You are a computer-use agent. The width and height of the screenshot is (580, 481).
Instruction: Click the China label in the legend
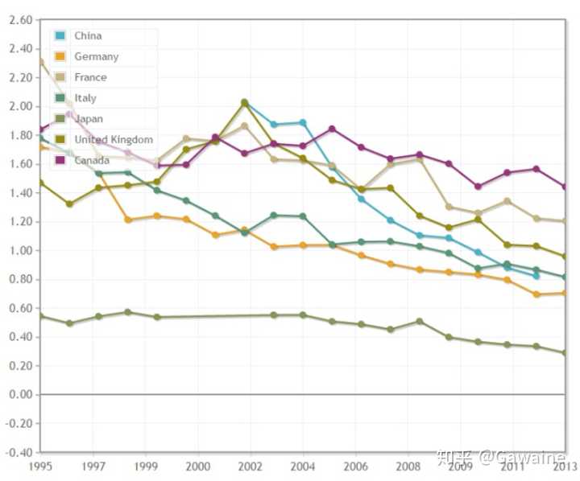(88, 36)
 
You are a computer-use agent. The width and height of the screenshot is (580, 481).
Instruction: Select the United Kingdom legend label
(114, 140)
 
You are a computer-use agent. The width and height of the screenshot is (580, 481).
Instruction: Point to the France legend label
(90, 78)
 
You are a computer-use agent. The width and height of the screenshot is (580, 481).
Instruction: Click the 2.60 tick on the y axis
(19, 20)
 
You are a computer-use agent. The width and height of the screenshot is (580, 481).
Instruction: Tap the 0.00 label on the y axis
(19, 395)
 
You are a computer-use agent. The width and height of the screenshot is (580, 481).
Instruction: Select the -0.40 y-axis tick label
(18, 452)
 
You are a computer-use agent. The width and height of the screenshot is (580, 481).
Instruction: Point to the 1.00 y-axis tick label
(19, 251)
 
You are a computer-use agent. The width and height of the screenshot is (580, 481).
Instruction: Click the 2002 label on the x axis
(251, 466)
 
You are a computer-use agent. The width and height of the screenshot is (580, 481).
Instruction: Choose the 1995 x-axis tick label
(41, 466)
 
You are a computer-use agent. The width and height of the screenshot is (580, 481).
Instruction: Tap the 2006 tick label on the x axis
(354, 466)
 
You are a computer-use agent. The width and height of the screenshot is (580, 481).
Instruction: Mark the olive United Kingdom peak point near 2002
(245, 102)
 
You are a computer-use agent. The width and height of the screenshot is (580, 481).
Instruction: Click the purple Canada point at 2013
(565, 187)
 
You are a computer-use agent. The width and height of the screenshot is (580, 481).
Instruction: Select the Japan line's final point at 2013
(565, 353)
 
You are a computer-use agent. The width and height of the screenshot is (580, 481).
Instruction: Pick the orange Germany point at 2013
(565, 294)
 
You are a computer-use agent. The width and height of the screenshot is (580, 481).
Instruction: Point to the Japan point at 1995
(41, 316)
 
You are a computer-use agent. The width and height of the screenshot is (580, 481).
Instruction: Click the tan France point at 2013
(565, 221)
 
